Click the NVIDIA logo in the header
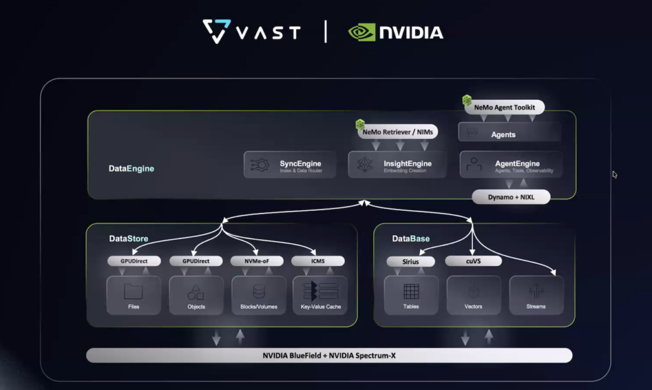(396, 32)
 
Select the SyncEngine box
(290, 164)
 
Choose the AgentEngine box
(511, 164)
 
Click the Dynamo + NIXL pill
(511, 197)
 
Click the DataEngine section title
(131, 169)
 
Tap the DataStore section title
(129, 239)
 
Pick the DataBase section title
(411, 239)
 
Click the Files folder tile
(133, 295)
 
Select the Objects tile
(195, 295)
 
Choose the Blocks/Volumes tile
(259, 295)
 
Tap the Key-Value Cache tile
(320, 295)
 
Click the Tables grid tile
(411, 295)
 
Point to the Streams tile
(536, 295)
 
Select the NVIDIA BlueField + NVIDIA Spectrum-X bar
(329, 356)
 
